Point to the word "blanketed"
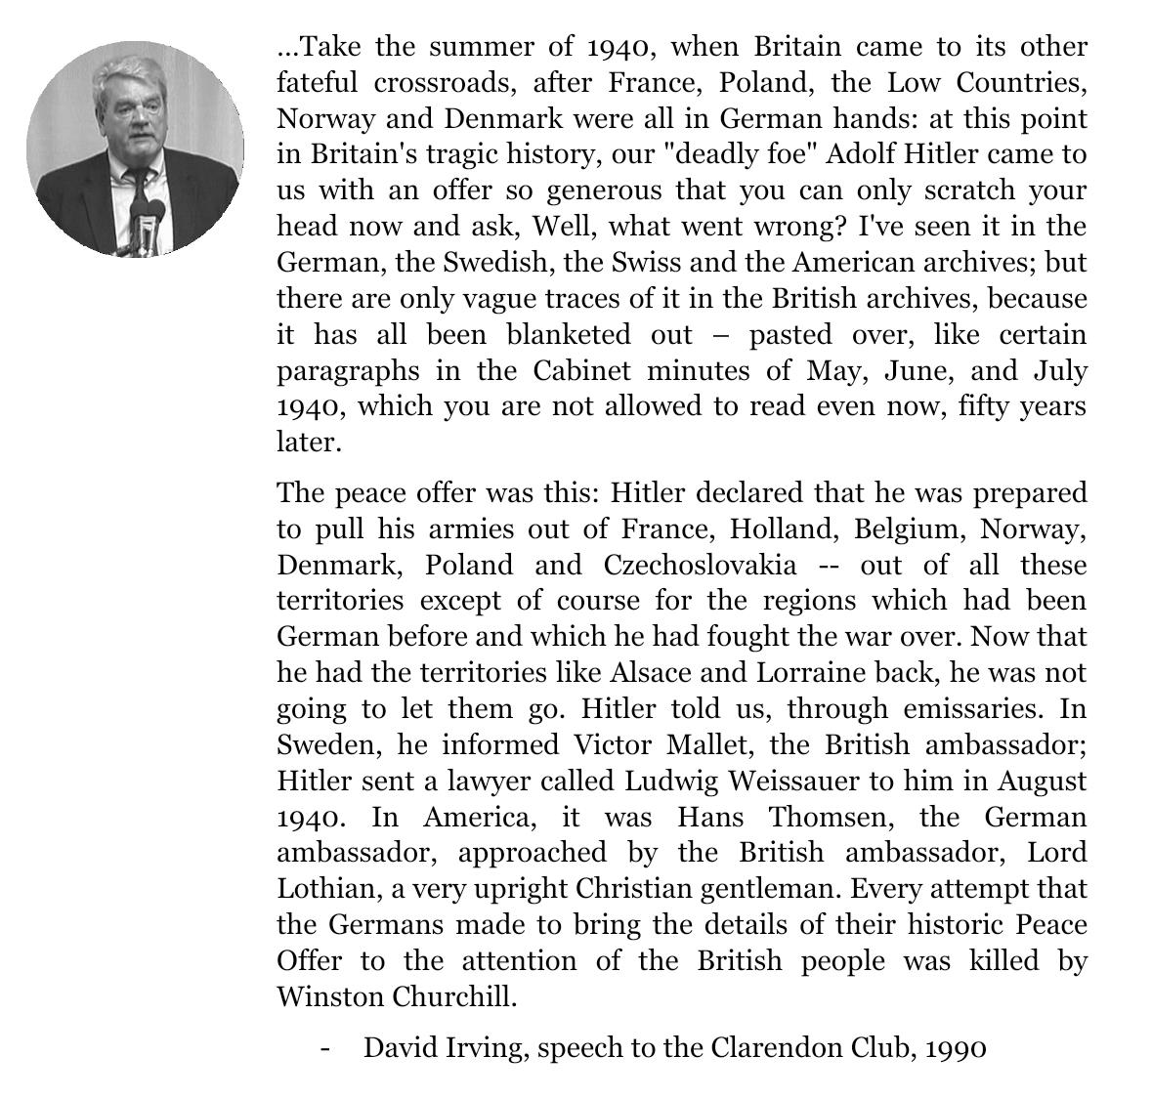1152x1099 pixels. pyautogui.click(x=570, y=335)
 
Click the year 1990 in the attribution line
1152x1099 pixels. pyautogui.click(x=956, y=1048)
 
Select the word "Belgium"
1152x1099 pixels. pyautogui.click(x=908, y=529)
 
